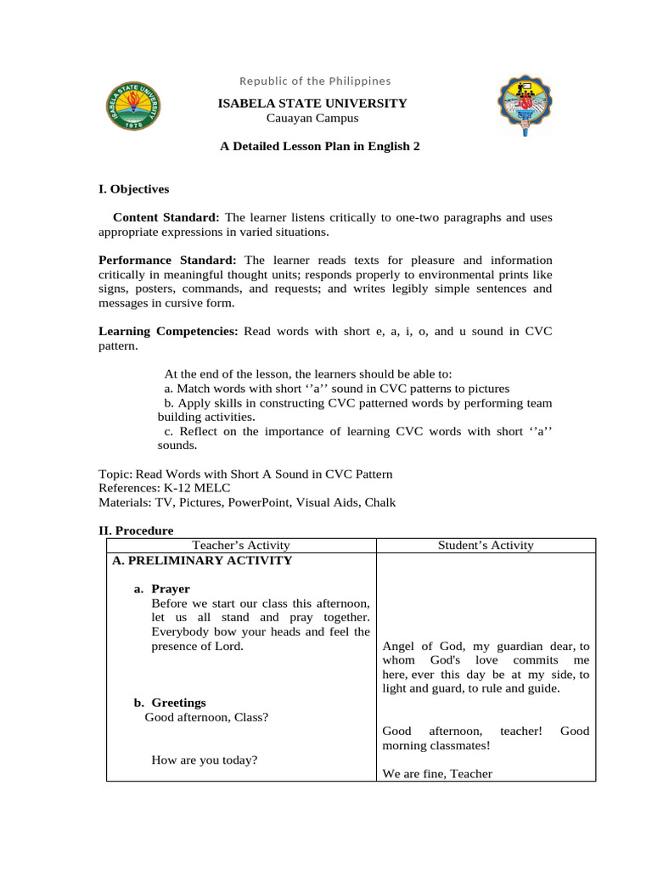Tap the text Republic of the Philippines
(315, 81)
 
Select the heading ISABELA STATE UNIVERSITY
(313, 104)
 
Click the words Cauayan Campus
(312, 118)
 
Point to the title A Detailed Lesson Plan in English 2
(320, 147)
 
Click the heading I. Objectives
(134, 189)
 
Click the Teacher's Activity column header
(241, 546)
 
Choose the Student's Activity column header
(486, 546)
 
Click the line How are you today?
(204, 760)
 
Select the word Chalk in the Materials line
(379, 502)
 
